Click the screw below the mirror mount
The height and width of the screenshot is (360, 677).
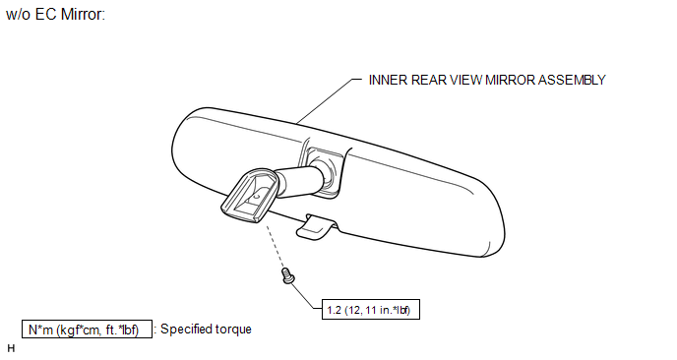click(288, 275)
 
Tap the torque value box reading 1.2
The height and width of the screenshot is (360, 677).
click(371, 310)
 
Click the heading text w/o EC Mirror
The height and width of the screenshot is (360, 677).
click(56, 14)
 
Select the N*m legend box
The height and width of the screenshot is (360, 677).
click(87, 329)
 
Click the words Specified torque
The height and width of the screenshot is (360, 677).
click(206, 329)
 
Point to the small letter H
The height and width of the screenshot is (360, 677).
click(11, 348)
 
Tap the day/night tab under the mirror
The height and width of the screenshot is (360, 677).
click(316, 226)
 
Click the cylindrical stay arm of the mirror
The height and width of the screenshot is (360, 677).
click(299, 181)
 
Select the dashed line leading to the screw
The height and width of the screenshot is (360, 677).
click(276, 247)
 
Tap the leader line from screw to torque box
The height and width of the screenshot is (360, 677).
click(305, 296)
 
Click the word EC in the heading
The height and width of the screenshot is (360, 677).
click(45, 14)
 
